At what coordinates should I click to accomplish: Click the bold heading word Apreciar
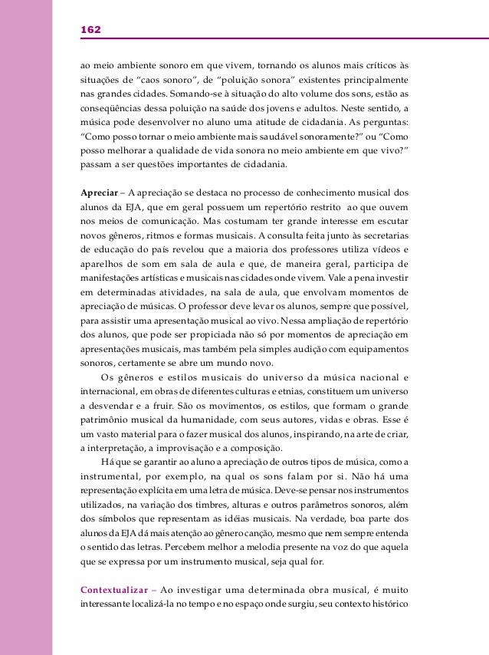tap(100, 193)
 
